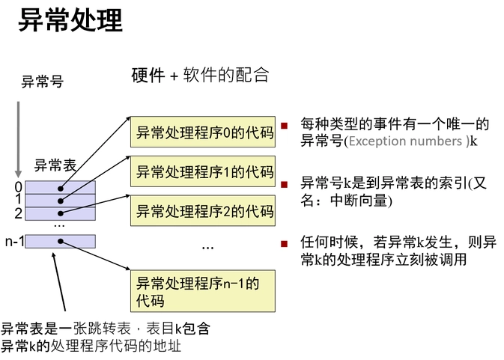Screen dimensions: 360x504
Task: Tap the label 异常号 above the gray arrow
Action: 42,82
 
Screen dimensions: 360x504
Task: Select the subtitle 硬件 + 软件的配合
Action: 200,75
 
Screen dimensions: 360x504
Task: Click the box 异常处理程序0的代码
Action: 203,132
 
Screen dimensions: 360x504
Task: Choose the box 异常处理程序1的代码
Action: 203,171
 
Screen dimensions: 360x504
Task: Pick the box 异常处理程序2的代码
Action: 203,210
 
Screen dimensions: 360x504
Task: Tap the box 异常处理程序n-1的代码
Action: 203,292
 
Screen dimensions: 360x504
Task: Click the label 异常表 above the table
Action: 55,165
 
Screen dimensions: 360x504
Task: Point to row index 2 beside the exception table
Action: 18,213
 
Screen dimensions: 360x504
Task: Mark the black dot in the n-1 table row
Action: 60,241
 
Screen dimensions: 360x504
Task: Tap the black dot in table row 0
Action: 60,187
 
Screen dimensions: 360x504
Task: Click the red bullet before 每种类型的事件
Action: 284,125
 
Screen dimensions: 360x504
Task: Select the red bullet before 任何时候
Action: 284,243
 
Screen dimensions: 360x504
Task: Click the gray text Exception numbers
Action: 405,141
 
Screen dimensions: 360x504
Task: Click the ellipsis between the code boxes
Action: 207,246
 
